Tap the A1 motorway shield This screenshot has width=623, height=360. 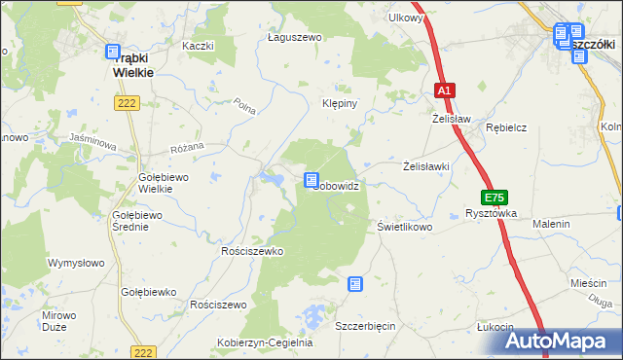click(x=444, y=90)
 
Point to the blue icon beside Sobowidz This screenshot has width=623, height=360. click(x=311, y=180)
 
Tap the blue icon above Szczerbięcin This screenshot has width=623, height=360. click(x=355, y=284)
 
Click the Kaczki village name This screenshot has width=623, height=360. click(x=197, y=46)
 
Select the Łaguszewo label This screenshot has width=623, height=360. click(x=294, y=37)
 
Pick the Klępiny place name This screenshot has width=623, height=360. click(x=341, y=102)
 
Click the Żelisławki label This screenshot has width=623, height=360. click(x=426, y=166)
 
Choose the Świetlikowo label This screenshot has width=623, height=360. click(x=404, y=226)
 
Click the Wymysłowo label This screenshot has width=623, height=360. click(x=77, y=263)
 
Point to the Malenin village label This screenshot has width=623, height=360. click(x=550, y=224)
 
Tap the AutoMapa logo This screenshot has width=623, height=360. click(x=564, y=341)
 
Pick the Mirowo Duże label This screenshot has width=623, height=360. click(x=59, y=321)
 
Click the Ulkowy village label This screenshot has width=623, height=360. click(x=405, y=18)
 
